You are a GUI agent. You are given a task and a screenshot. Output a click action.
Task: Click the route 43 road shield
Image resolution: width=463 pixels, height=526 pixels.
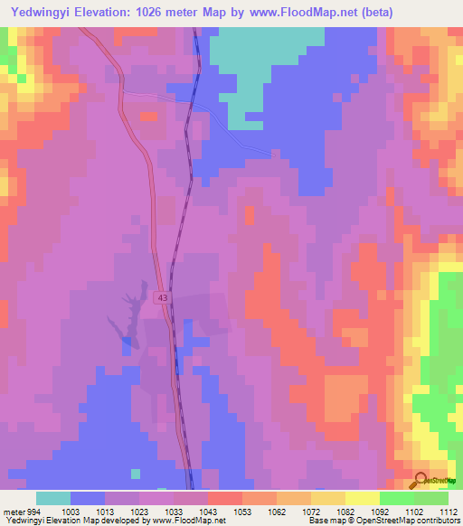pos(163,297)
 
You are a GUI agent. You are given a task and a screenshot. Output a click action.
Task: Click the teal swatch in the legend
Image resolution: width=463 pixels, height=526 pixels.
pos(53,498)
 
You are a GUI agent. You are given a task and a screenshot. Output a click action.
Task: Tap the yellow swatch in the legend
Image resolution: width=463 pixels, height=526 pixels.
pos(363,498)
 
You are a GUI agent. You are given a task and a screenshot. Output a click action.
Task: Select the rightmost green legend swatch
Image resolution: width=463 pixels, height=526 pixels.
pos(431,498)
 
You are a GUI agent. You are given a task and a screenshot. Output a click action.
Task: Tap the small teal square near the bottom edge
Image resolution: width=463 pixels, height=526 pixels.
pos(136,473)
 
